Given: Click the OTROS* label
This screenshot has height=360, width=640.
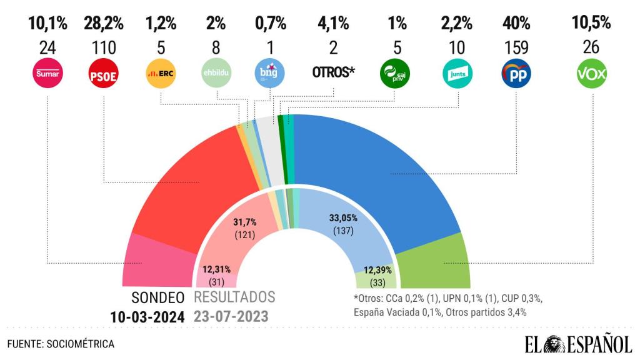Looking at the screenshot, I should click(x=333, y=72).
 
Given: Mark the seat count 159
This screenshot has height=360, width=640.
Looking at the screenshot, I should click(x=516, y=47).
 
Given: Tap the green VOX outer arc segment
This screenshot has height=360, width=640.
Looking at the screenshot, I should click(x=437, y=262).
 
